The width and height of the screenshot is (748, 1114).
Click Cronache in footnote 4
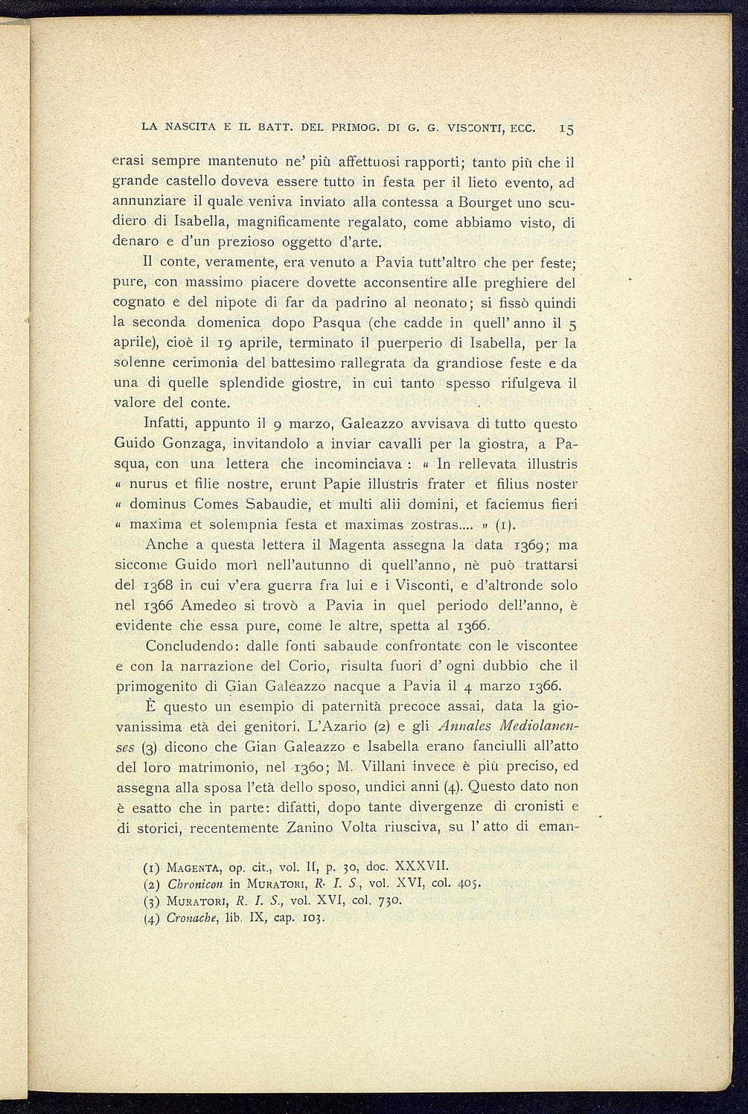coord(170,917)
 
